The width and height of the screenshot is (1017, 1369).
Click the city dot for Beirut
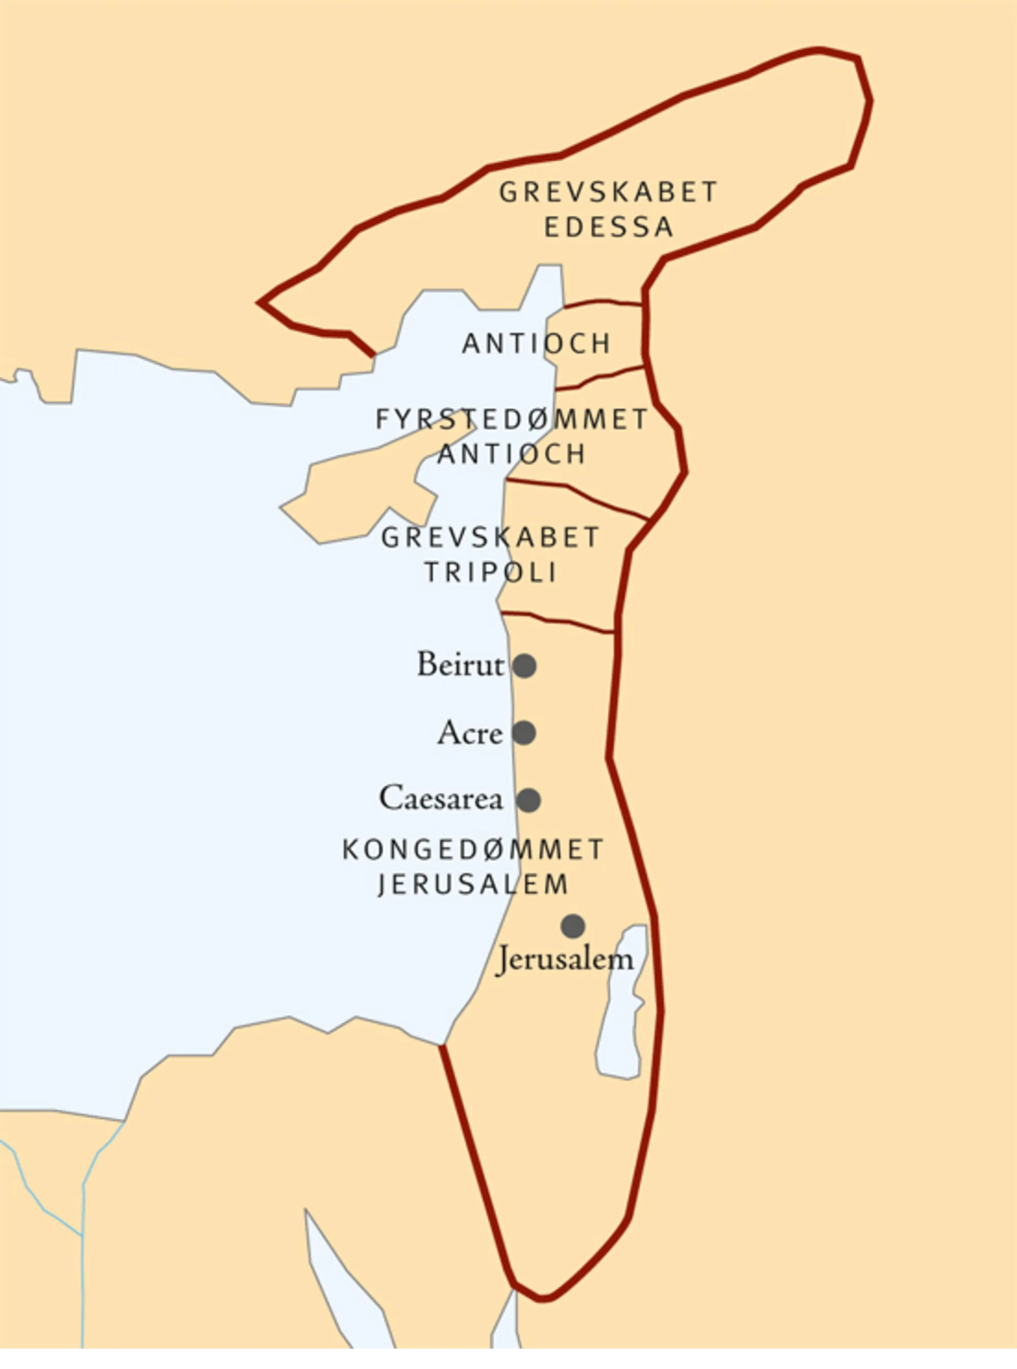pyautogui.click(x=524, y=666)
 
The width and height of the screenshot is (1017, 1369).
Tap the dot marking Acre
pyautogui.click(x=524, y=733)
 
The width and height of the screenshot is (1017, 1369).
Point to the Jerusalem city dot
pyautogui.click(x=573, y=925)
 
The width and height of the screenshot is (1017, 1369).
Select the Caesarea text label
pyautogui.click(x=441, y=798)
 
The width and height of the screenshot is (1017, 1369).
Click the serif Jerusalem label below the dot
pyautogui.click(x=564, y=959)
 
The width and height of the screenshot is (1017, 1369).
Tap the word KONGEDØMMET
pyautogui.click(x=473, y=850)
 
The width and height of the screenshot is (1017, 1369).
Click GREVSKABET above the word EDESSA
pyautogui.click(x=608, y=192)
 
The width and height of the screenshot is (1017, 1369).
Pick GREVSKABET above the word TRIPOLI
pyautogui.click(x=490, y=538)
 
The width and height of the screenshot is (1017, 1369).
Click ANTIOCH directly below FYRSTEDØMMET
pyautogui.click(x=512, y=454)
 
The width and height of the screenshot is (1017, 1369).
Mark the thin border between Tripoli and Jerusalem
pyautogui.click(x=557, y=621)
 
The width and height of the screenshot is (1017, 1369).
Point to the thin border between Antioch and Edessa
pyautogui.click(x=603, y=302)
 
